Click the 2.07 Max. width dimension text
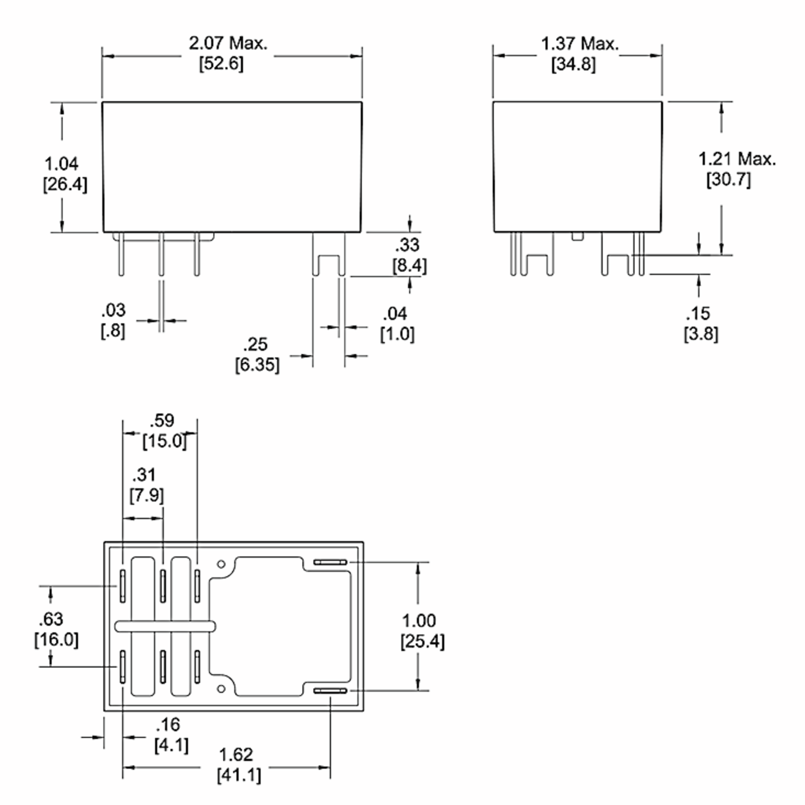pyautogui.click(x=228, y=43)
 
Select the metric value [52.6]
pyautogui.click(x=221, y=64)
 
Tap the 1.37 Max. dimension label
pyautogui.click(x=580, y=44)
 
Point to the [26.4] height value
pyautogui.click(x=65, y=184)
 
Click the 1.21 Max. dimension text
pyautogui.click(x=737, y=159)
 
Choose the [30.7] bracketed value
pyautogui.click(x=728, y=179)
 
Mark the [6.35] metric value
pyautogui.click(x=257, y=365)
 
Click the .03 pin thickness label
pyautogui.click(x=113, y=310)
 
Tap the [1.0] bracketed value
pyautogui.click(x=397, y=334)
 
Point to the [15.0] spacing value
pyautogui.click(x=165, y=441)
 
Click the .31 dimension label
pyautogui.click(x=144, y=475)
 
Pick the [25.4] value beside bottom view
pyautogui.click(x=423, y=641)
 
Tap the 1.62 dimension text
pyautogui.click(x=236, y=755)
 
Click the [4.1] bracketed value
pyautogui.click(x=171, y=745)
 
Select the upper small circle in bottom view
pyautogui.click(x=221, y=564)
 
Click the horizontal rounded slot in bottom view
pyautogui.click(x=165, y=626)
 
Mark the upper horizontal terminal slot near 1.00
pyautogui.click(x=330, y=562)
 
